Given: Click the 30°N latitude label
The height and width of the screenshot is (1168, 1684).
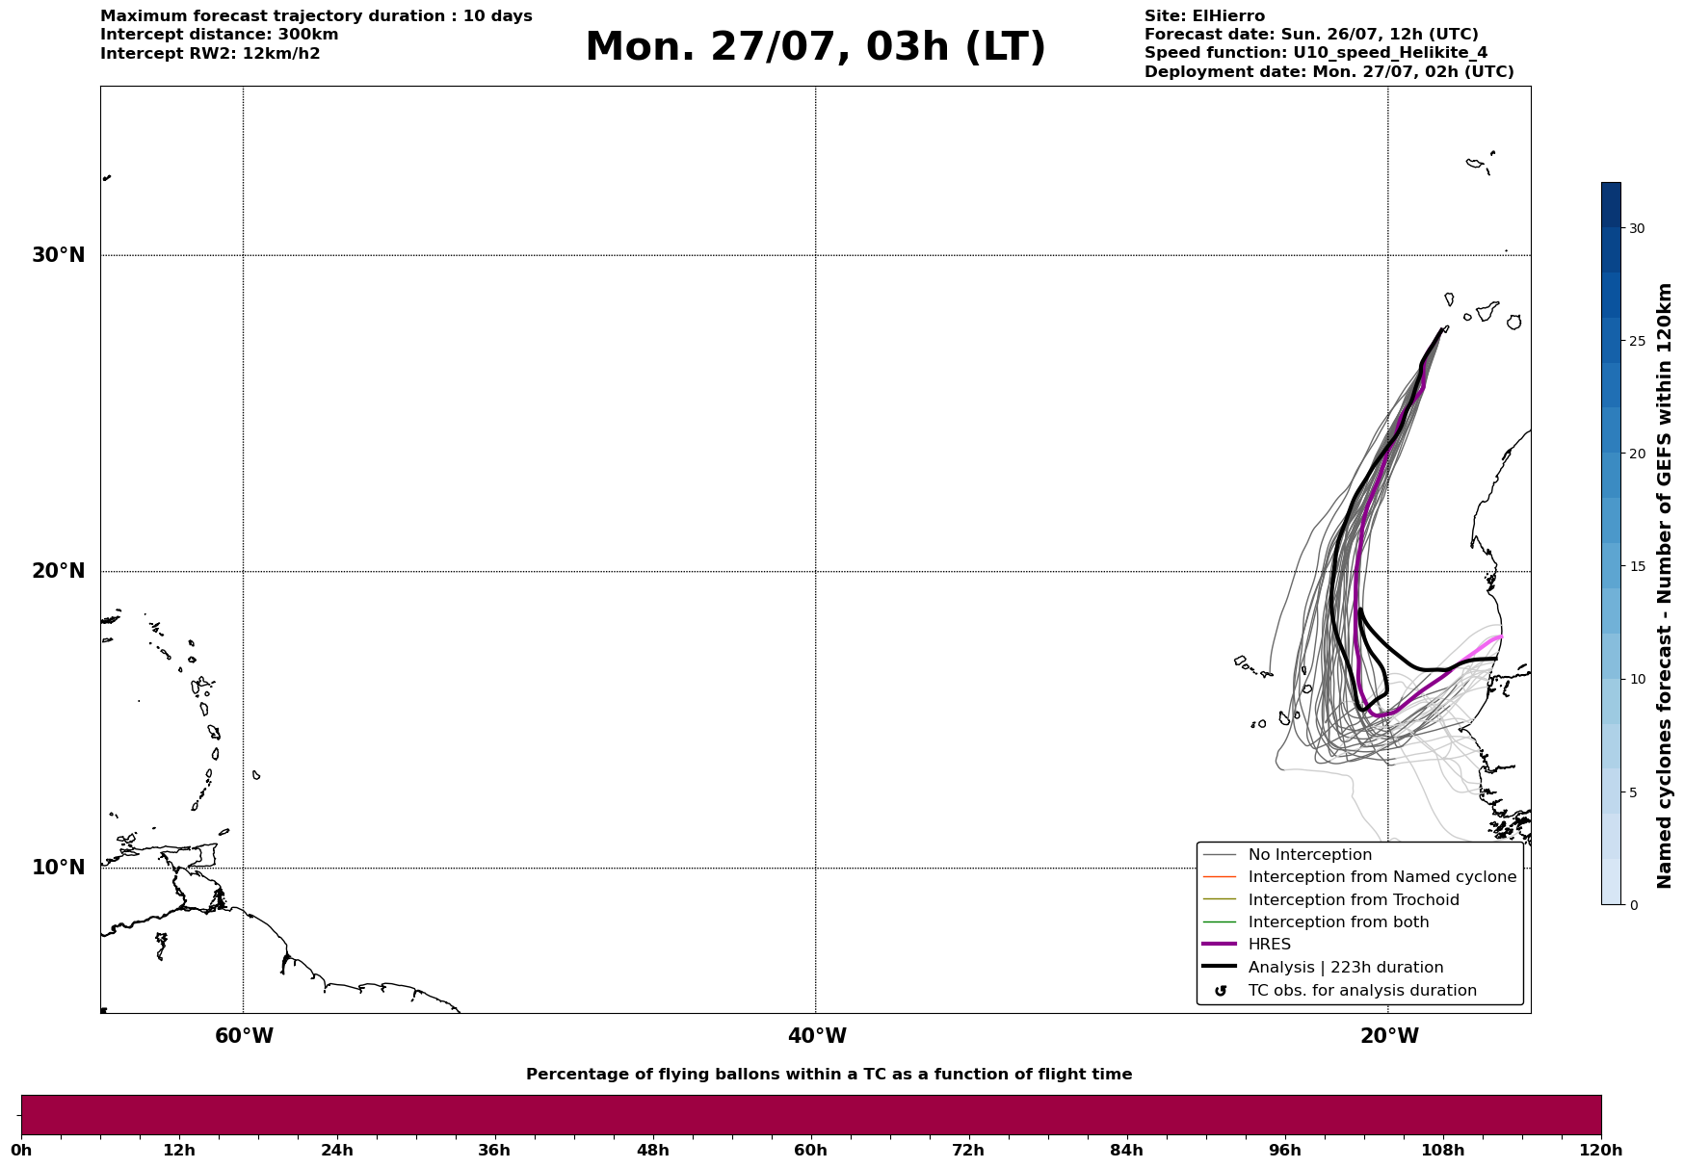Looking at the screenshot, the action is click(x=58, y=255).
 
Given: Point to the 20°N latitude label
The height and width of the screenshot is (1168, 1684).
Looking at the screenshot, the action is click(x=58, y=571).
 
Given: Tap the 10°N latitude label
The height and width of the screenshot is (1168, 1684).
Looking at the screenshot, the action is click(x=58, y=868).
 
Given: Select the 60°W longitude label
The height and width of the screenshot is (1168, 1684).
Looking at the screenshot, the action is click(x=244, y=1036).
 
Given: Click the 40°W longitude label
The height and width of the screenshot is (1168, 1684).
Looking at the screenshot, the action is click(x=817, y=1036).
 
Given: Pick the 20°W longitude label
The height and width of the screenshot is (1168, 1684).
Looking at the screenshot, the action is click(x=1389, y=1036).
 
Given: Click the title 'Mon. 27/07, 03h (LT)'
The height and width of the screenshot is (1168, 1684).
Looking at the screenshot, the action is click(x=815, y=47).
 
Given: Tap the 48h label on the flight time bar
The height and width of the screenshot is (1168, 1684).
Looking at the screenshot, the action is click(x=652, y=1150).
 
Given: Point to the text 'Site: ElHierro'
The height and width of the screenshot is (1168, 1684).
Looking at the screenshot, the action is click(x=1204, y=16).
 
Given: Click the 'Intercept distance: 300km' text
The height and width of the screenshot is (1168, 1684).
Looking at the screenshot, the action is click(x=219, y=35).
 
